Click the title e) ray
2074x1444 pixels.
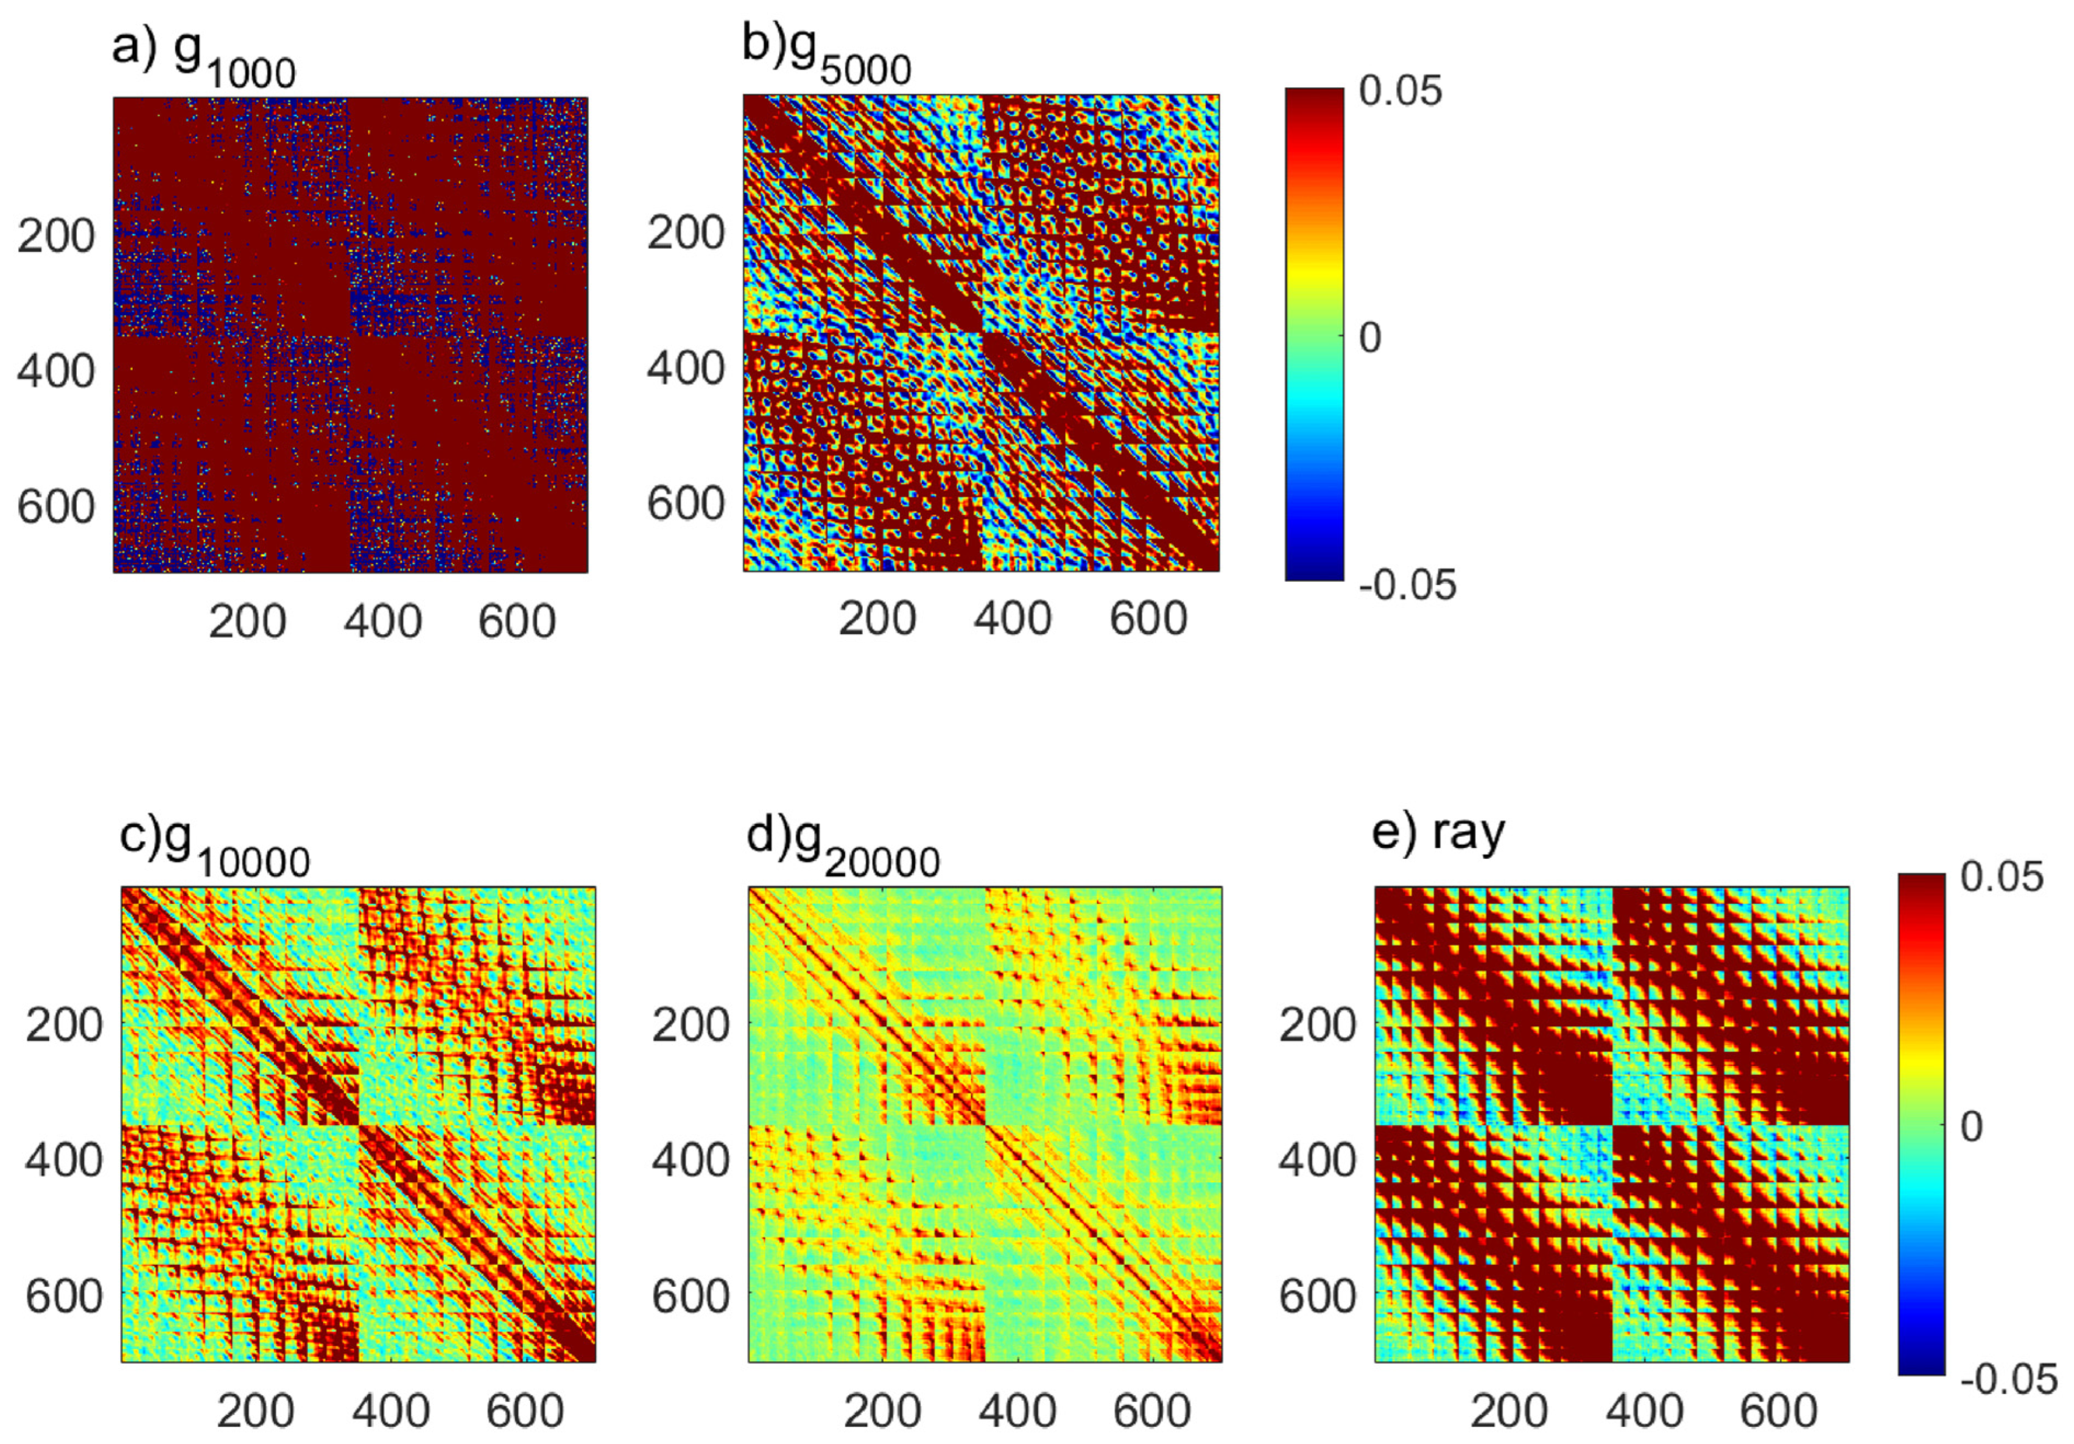(x=1438, y=833)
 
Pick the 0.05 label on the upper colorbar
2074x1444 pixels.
(x=1400, y=92)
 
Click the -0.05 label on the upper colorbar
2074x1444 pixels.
(x=1407, y=585)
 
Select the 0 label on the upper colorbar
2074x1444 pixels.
(x=1369, y=338)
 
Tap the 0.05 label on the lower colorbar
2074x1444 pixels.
(x=2002, y=877)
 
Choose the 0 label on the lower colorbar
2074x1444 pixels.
(x=1971, y=1127)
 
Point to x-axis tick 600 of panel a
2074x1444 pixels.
(x=517, y=622)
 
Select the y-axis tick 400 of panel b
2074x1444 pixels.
(x=686, y=368)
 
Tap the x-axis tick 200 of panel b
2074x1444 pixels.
(x=877, y=619)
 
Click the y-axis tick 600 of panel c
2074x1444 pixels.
(x=63, y=1296)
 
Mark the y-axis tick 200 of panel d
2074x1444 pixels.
(x=691, y=1025)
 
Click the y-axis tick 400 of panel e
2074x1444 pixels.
(x=1317, y=1160)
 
